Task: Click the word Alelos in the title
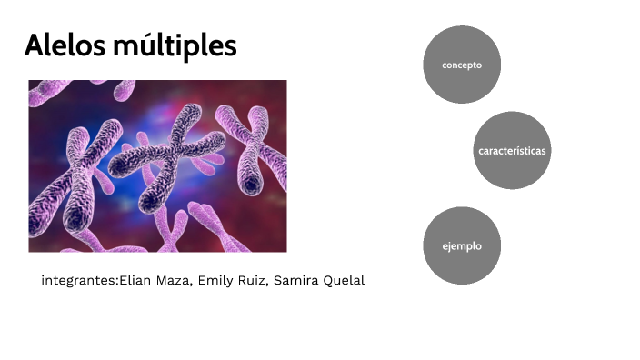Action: pyautogui.click(x=62, y=45)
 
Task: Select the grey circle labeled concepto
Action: pyautogui.click(x=462, y=65)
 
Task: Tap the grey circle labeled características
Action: pyautogui.click(x=512, y=150)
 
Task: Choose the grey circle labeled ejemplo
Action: pyautogui.click(x=462, y=245)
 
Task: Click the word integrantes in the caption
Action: pyautogui.click(x=79, y=281)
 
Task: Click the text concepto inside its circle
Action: pyautogui.click(x=462, y=65)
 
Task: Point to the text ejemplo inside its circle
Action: pyautogui.click(x=462, y=245)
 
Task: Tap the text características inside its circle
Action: pyautogui.click(x=512, y=150)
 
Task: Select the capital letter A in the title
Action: pyautogui.click(x=35, y=45)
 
